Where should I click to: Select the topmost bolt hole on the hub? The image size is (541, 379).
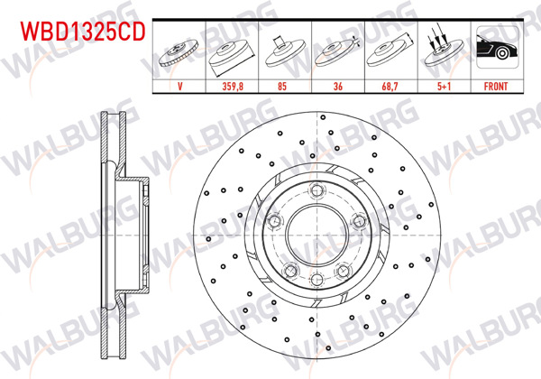[315, 189]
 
